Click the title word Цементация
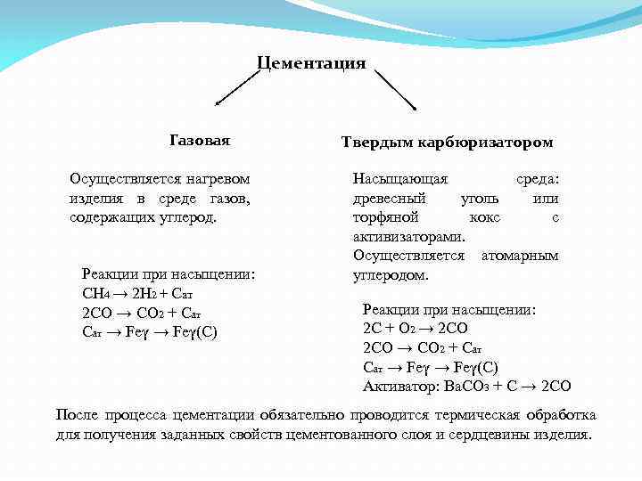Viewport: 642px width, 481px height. point(311,63)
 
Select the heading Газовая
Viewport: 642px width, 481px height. point(200,141)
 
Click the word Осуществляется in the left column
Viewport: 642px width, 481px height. point(122,179)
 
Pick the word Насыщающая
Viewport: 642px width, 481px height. point(400,179)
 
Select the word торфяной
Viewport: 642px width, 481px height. point(386,217)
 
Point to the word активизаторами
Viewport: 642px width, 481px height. point(409,237)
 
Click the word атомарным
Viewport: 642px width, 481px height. point(520,256)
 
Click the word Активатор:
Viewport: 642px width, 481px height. point(398,387)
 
